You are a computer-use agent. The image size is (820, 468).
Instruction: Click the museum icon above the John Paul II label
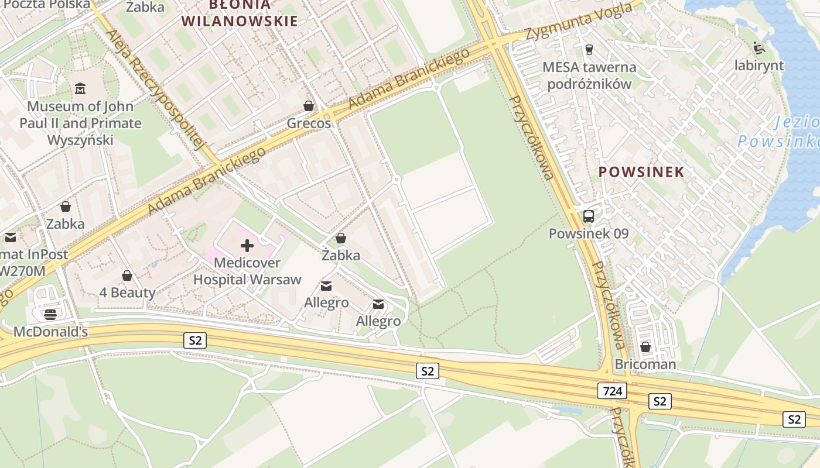80,89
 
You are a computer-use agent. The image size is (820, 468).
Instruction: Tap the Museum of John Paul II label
80,123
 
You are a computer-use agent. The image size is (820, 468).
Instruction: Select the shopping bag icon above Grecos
309,106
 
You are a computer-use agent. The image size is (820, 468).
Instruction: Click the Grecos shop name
309,123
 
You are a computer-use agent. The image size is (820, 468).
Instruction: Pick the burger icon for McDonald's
50,314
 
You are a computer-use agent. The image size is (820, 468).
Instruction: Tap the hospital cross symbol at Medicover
247,246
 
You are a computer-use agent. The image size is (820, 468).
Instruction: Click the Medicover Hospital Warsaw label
247,271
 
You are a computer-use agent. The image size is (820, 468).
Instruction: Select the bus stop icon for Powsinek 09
589,216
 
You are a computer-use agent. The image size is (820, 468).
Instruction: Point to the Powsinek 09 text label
588,233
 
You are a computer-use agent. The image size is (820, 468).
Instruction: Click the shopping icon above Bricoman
645,347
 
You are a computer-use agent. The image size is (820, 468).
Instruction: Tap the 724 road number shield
613,391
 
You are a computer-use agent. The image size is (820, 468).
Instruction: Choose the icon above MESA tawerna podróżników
589,49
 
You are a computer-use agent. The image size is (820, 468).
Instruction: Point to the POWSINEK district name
641,171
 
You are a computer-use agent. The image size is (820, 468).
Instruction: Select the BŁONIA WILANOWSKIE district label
240,13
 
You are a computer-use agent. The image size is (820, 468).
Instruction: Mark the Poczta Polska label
47,5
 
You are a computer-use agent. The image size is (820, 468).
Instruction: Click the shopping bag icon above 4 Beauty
127,276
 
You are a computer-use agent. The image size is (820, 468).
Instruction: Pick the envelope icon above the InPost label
11,238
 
